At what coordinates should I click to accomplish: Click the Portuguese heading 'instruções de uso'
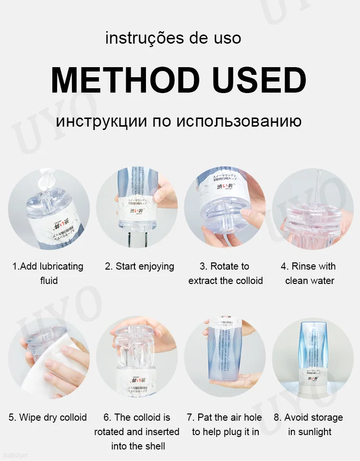coord(173,38)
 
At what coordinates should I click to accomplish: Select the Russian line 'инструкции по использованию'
coord(179,120)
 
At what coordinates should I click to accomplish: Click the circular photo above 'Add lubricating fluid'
coord(49,209)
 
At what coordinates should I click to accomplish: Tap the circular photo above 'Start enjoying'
coord(138,209)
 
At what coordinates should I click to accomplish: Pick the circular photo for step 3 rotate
coord(225,209)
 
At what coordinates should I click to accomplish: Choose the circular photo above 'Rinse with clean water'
coord(313,209)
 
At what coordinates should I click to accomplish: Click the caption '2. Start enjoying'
coord(139,266)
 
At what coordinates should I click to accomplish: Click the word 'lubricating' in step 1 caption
coord(59,266)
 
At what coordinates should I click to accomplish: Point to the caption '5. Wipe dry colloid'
coord(48,417)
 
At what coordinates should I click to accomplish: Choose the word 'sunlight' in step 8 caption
coord(310,432)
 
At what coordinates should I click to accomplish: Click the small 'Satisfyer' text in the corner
coord(15,455)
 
